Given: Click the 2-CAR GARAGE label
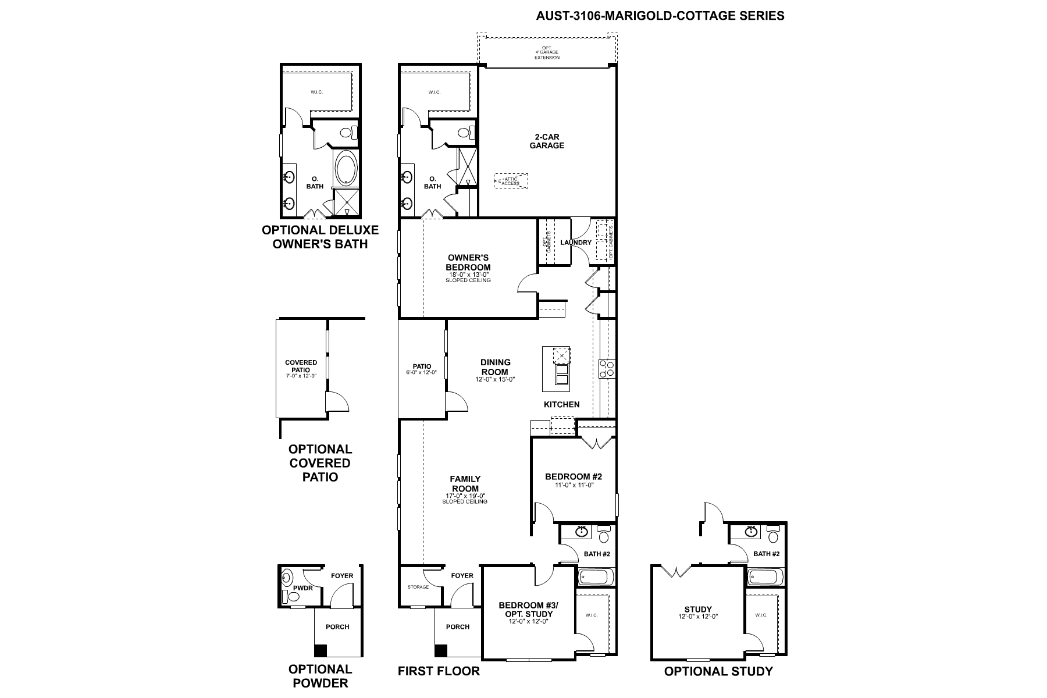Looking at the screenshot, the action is pyautogui.click(x=547, y=141).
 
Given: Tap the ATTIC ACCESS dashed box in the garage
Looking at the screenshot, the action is pyautogui.click(x=511, y=181).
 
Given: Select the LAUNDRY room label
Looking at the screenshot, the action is pyautogui.click(x=576, y=243).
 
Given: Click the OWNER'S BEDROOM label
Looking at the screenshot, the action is pyautogui.click(x=468, y=262).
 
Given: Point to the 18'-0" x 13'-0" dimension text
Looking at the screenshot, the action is pyautogui.click(x=468, y=275).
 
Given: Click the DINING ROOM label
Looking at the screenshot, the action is pyautogui.click(x=496, y=367).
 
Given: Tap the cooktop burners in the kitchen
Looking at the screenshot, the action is pyautogui.click(x=607, y=368).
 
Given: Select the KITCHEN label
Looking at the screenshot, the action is pyautogui.click(x=561, y=404).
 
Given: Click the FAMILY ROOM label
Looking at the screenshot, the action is pyautogui.click(x=465, y=484).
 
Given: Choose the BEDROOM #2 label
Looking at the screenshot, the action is pyautogui.click(x=574, y=477).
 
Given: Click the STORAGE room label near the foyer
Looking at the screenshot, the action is pyautogui.click(x=418, y=587).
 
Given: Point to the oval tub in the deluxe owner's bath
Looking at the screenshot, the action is pyautogui.click(x=347, y=168).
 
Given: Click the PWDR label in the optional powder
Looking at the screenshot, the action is pyautogui.click(x=304, y=588).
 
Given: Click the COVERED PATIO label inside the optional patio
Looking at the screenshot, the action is pyautogui.click(x=301, y=366).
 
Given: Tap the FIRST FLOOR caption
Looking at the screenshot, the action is pyautogui.click(x=439, y=671).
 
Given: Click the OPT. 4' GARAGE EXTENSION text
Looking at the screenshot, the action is pyautogui.click(x=547, y=53).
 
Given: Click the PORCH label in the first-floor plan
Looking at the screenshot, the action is pyautogui.click(x=458, y=627).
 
